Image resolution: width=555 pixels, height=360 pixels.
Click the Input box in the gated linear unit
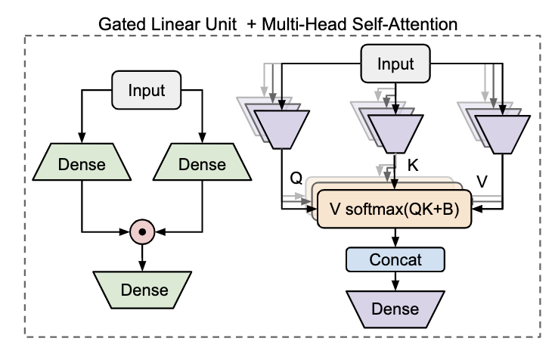click(146, 91)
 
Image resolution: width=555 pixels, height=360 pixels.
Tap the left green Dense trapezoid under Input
click(81, 164)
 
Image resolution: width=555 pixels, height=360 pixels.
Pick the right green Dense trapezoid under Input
click(201, 164)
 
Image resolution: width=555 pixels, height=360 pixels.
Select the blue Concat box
click(395, 259)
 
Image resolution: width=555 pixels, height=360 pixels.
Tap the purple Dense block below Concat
click(395, 309)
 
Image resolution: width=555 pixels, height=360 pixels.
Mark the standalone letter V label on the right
click(482, 182)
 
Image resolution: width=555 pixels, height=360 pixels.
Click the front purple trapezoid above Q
click(281, 129)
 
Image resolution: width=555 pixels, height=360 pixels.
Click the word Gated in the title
click(121, 25)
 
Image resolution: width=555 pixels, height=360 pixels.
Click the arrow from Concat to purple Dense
click(395, 281)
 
